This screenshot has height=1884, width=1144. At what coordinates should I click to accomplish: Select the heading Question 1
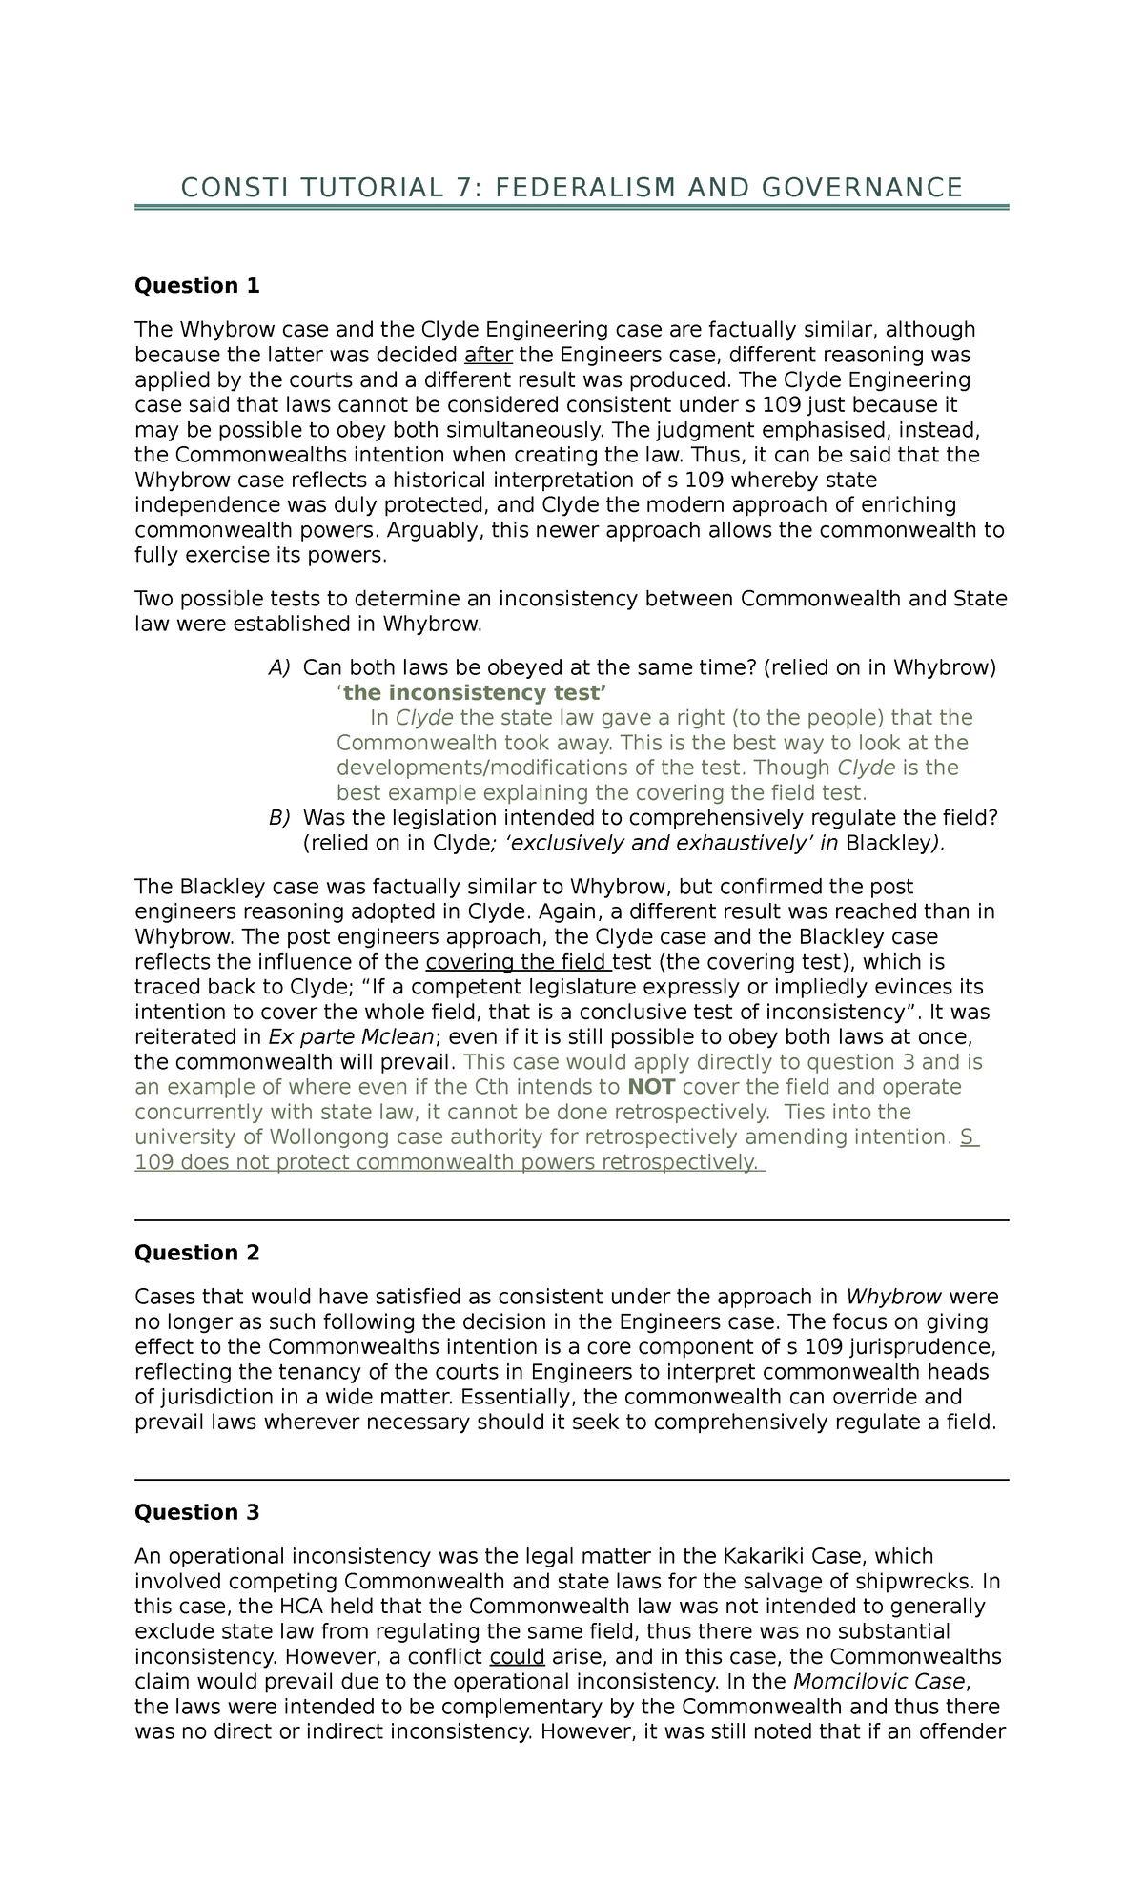197,286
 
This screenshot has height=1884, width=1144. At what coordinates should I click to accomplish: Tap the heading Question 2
197,1253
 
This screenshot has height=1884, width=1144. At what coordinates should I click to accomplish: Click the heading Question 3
197,1512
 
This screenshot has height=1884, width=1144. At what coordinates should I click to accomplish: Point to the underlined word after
488,356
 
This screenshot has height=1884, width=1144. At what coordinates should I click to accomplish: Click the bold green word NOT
651,1087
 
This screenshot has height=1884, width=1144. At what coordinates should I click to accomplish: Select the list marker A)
279,667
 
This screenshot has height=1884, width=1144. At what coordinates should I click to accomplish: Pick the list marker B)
279,818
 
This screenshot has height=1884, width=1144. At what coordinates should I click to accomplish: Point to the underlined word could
517,1657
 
